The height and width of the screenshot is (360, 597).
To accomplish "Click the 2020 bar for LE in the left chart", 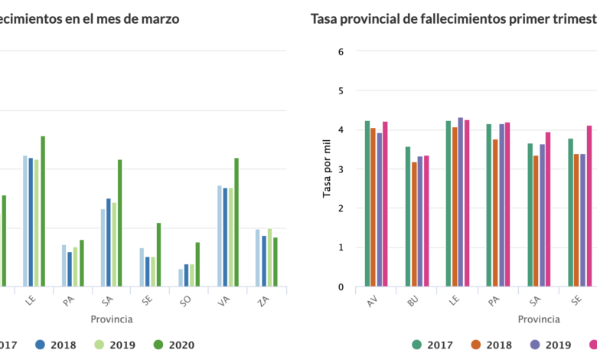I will pos(43,211).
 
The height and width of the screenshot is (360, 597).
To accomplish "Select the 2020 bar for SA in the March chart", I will pos(119,222).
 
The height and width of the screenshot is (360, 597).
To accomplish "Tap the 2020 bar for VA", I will pos(237,222).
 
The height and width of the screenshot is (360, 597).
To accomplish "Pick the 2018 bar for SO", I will pos(186,275).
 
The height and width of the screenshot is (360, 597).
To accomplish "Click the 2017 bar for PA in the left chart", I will pos(64,265).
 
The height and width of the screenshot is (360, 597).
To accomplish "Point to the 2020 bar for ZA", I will pos(276,261).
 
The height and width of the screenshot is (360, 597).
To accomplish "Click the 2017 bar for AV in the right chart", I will pos(367,203).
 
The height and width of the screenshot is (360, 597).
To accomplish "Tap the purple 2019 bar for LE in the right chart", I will pos(461,202).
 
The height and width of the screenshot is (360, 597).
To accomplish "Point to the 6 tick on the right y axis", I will pos(341,51).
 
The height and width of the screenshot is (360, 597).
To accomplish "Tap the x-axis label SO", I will pos(185,300).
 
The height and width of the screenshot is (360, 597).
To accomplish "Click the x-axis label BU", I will pos(413,301).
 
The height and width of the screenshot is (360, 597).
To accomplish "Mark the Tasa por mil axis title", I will pos(327,169).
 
